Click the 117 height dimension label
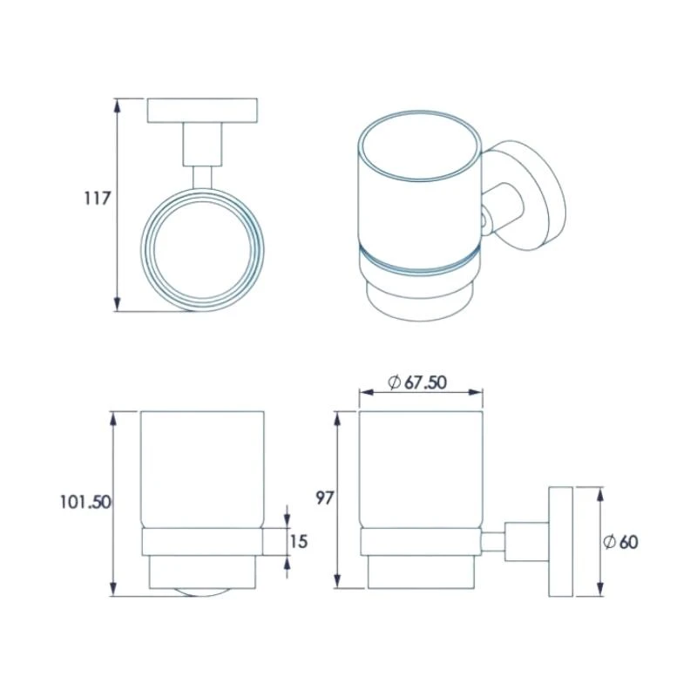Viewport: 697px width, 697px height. [96, 198]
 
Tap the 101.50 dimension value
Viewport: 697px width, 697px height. [85, 501]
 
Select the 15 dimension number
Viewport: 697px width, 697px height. [299, 541]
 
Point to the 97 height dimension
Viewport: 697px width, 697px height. [325, 498]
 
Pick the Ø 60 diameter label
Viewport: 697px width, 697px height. [620, 541]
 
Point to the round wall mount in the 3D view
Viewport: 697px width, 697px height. [527, 196]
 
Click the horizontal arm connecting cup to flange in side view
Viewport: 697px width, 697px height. [494, 541]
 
